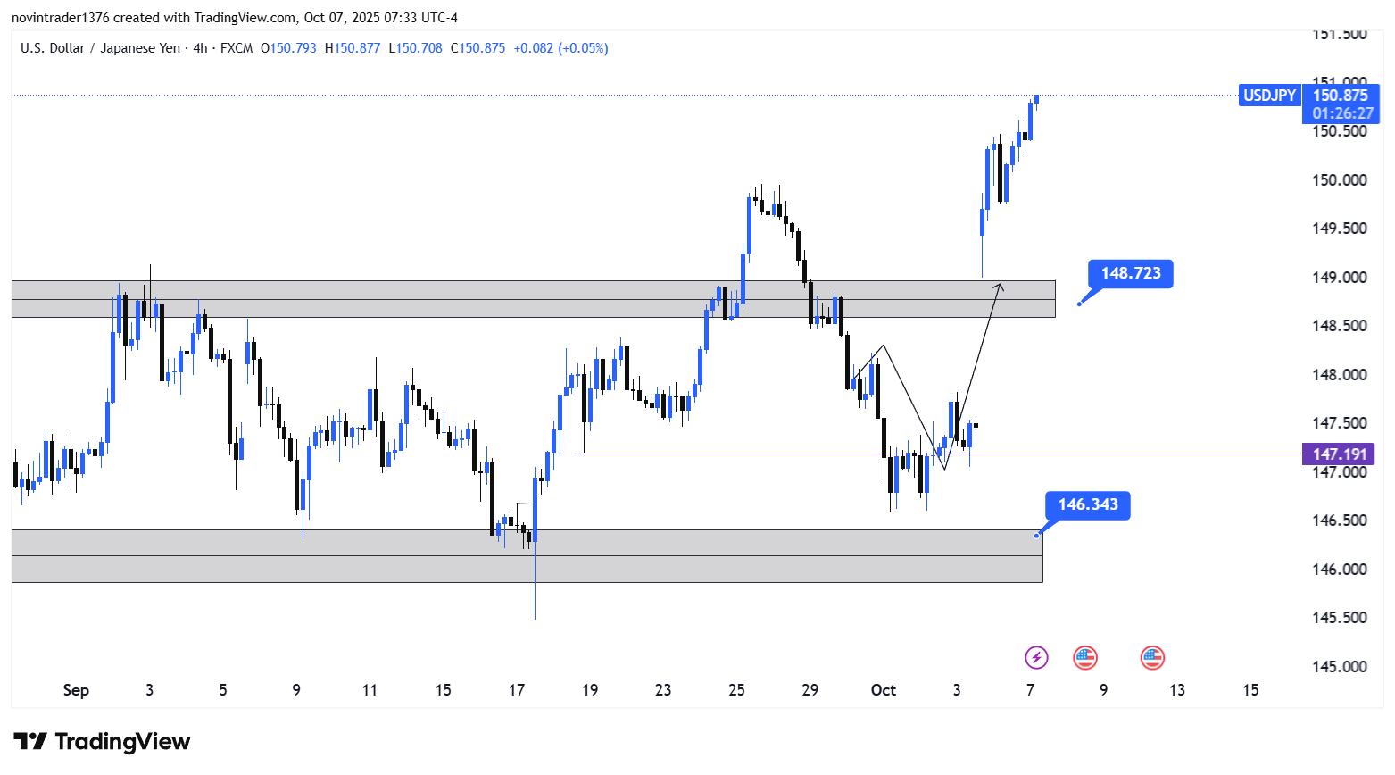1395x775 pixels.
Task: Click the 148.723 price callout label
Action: (1130, 273)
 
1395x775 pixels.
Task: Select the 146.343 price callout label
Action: (1087, 504)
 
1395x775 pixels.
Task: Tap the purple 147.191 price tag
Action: (1339, 454)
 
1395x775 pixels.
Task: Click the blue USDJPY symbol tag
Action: (1269, 96)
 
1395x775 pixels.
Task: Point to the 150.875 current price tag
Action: (1340, 96)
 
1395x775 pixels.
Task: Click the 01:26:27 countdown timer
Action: (1342, 113)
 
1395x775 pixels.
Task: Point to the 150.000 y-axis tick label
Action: (1339, 180)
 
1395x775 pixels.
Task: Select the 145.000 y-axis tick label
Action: (1339, 667)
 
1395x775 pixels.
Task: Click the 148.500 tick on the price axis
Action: (1339, 326)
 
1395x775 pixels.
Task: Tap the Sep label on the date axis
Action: (76, 690)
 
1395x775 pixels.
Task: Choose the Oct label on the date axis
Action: (883, 690)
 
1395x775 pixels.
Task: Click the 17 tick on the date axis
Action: (516, 690)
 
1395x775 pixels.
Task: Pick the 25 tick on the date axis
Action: (736, 690)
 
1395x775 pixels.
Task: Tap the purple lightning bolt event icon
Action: (1035, 658)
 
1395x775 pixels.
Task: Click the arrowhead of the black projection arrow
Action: (1001, 286)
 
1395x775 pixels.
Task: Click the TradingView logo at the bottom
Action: (102, 742)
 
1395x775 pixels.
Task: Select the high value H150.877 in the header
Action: (353, 48)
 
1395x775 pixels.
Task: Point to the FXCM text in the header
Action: (237, 48)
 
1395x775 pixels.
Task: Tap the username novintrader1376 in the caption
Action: (60, 18)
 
